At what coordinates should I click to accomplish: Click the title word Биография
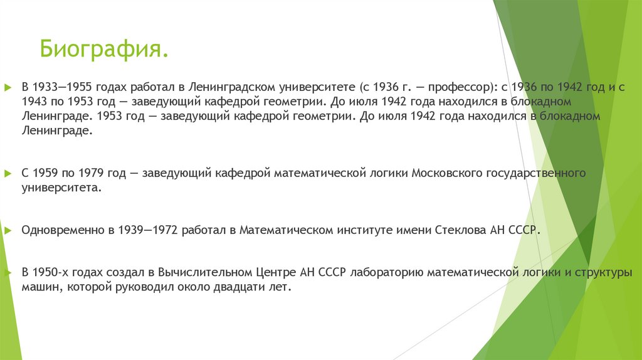tap(104, 48)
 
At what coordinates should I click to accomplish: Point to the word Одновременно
tap(60, 230)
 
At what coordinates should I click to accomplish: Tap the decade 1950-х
tap(54, 273)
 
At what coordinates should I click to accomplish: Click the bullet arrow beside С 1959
tap(8, 172)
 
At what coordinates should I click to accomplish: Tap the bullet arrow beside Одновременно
tap(8, 230)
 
